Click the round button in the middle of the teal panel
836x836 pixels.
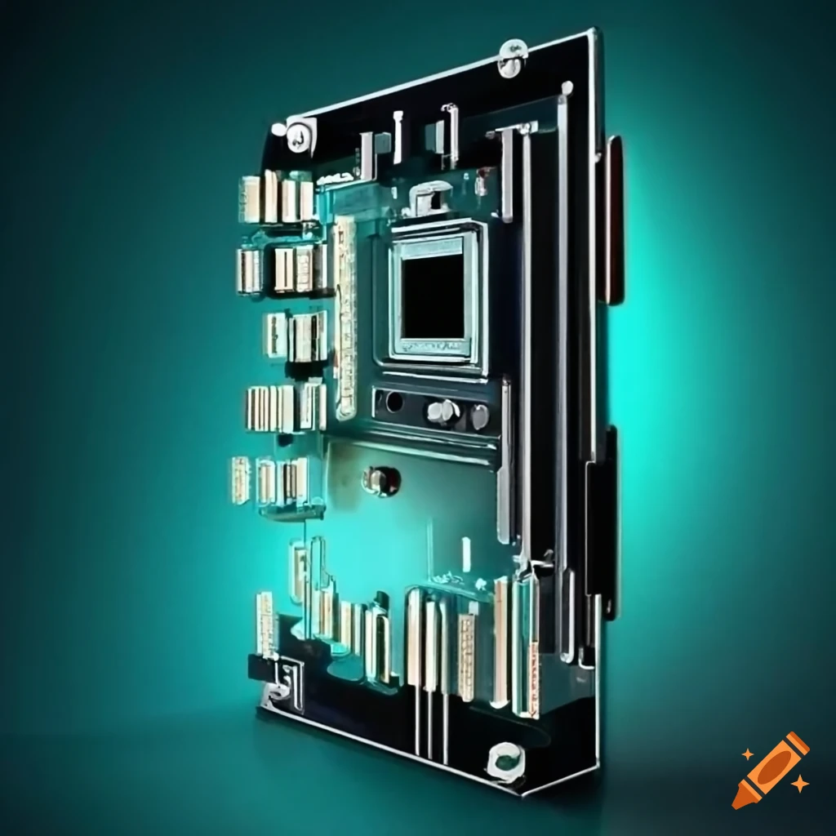380,480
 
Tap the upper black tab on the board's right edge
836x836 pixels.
614,220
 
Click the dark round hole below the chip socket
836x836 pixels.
394,402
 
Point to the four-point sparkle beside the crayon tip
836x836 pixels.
800,784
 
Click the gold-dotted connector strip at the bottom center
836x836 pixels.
466,657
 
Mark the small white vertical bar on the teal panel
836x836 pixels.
466,554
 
